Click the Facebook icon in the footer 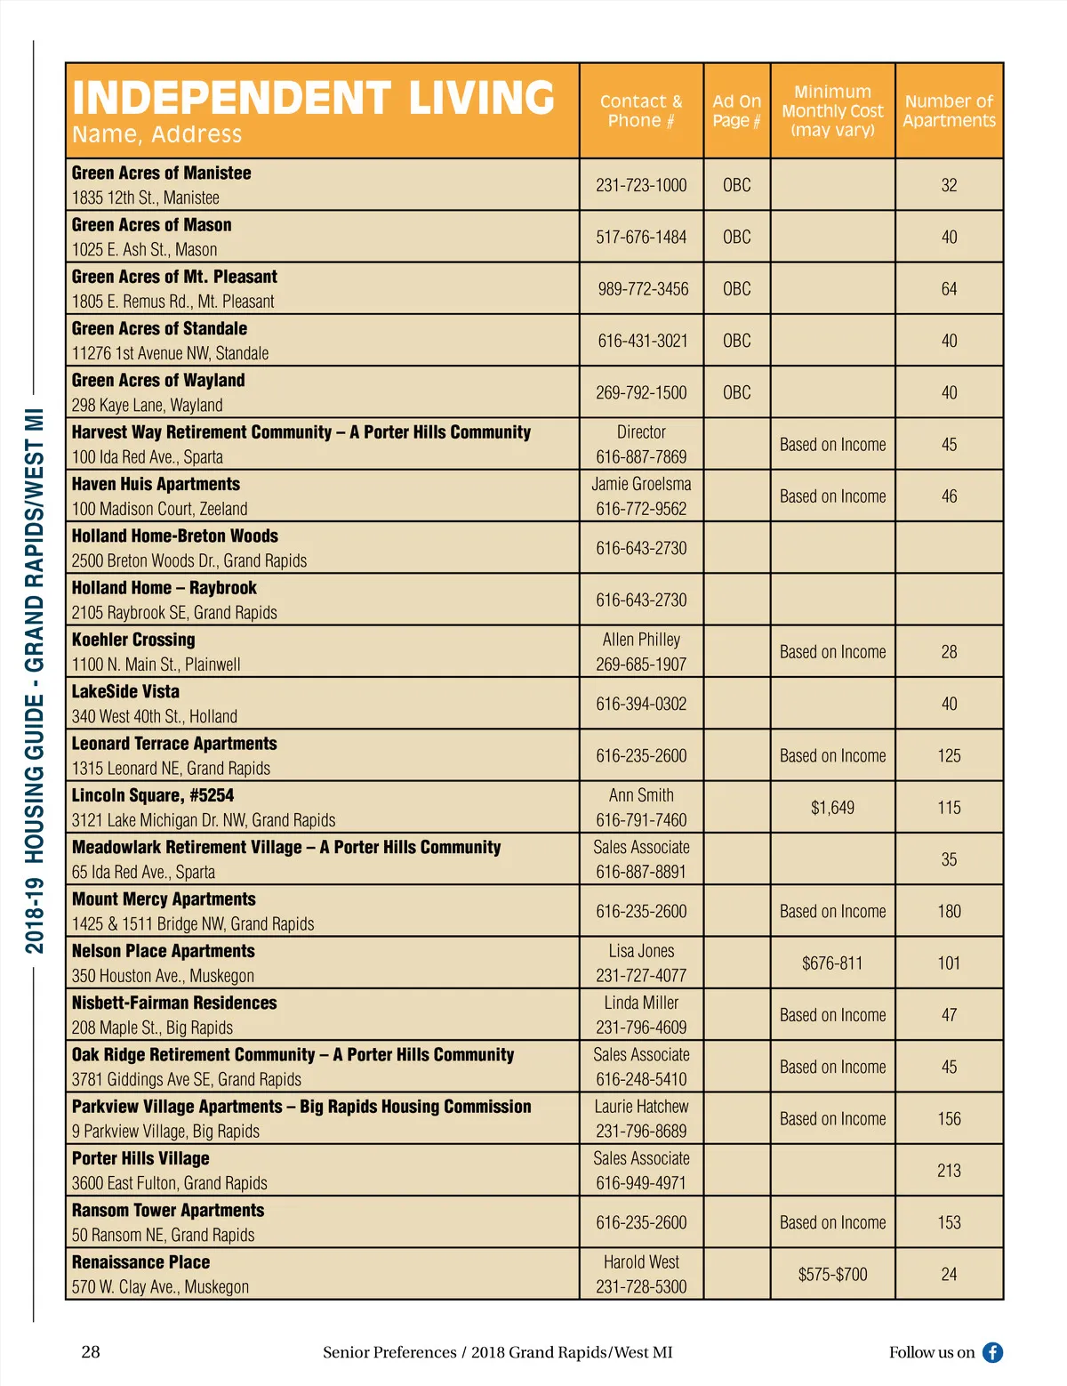pyautogui.click(x=992, y=1352)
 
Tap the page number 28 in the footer pyautogui.click(x=91, y=1352)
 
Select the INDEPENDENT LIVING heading pyautogui.click(x=313, y=98)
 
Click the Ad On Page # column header pyautogui.click(x=736, y=111)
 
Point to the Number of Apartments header pyautogui.click(x=949, y=111)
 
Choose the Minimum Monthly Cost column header pyautogui.click(x=832, y=111)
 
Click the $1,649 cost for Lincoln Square pyautogui.click(x=832, y=808)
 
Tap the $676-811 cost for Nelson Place pyautogui.click(x=832, y=963)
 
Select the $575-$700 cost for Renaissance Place pyautogui.click(x=832, y=1275)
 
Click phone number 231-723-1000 pyautogui.click(x=641, y=185)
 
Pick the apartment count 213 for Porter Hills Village pyautogui.click(x=949, y=1171)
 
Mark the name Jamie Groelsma pyautogui.click(x=641, y=484)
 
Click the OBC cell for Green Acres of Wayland pyautogui.click(x=736, y=392)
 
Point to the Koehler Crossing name pyautogui.click(x=133, y=640)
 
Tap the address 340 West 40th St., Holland pyautogui.click(x=155, y=716)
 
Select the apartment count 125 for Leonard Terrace pyautogui.click(x=949, y=756)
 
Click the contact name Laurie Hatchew pyautogui.click(x=641, y=1107)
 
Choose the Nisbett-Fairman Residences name pyautogui.click(x=174, y=1003)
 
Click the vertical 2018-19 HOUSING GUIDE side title pyautogui.click(x=34, y=681)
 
